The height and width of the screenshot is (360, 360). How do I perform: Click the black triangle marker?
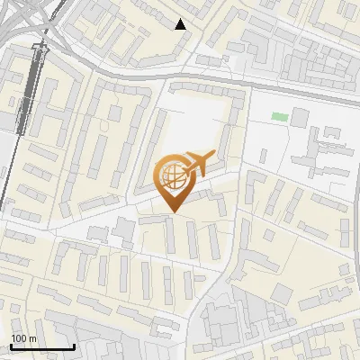pos(181,24)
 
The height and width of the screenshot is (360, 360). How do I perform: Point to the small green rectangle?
pos(280,117)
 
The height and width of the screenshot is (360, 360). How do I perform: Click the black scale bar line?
pos(41,347)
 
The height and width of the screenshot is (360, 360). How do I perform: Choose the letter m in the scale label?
pos(32,339)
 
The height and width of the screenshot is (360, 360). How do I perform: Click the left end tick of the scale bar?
pos(10,345)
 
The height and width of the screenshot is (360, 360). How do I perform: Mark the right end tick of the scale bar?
pos(74,345)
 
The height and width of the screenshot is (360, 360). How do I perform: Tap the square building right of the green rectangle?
pos(300,117)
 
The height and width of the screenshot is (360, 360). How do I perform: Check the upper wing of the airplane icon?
pos(194,156)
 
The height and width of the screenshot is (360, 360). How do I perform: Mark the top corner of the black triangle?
pos(181,19)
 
